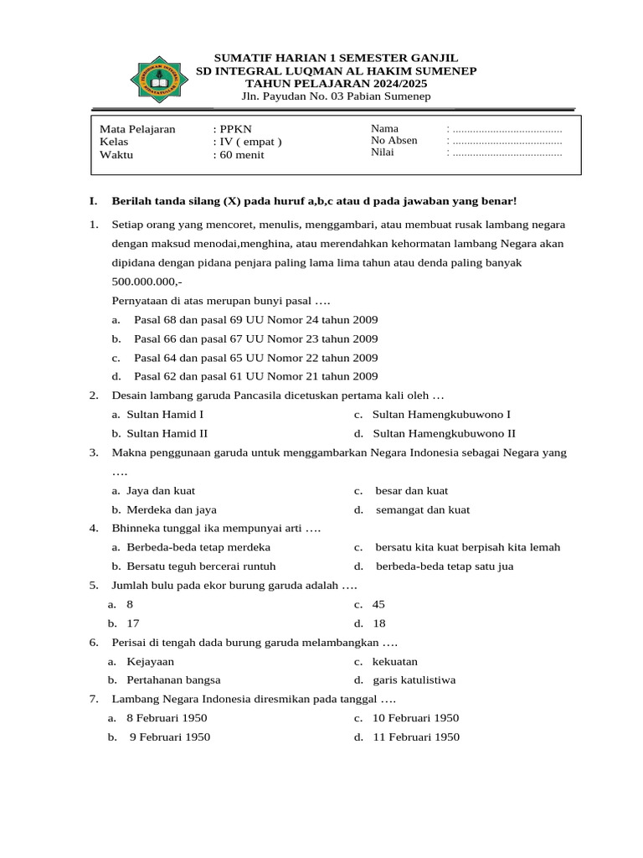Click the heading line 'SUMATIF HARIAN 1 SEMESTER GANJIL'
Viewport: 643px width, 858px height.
tap(336, 58)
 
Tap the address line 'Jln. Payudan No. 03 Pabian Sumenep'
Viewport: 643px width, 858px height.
tap(336, 96)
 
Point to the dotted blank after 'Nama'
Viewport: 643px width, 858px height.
tap(505, 129)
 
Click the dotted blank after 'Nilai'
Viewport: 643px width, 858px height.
tap(505, 153)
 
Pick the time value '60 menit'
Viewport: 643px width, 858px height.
tap(239, 154)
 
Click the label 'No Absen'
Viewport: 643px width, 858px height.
tap(394, 141)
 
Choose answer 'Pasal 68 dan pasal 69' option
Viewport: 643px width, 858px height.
tap(255, 320)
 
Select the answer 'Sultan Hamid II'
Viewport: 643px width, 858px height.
tap(167, 433)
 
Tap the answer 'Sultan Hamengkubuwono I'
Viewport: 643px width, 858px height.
tap(441, 414)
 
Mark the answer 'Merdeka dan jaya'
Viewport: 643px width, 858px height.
tap(171, 509)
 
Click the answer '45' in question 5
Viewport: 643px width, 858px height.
tap(378, 604)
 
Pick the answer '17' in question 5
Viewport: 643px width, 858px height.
tap(132, 623)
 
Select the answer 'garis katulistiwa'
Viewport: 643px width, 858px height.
tap(414, 680)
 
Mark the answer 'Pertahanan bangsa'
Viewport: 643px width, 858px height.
tap(173, 680)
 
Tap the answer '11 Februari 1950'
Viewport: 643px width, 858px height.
tap(416, 737)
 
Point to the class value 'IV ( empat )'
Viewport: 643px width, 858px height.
tap(248, 142)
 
